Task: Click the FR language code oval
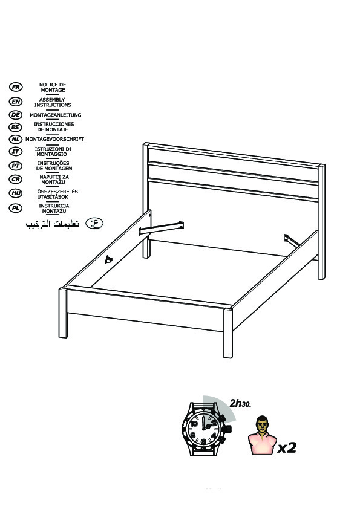(16, 87)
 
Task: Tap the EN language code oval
(16, 102)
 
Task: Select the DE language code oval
(16, 115)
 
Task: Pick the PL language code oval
(16, 208)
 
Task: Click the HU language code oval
(16, 193)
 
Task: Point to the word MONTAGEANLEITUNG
(56, 115)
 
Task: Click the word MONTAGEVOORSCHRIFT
(54, 139)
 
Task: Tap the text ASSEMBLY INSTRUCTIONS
(53, 102)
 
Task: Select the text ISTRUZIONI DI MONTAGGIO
(53, 152)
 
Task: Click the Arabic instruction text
(53, 224)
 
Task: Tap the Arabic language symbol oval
(94, 224)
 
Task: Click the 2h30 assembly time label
(240, 403)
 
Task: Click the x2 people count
(287, 448)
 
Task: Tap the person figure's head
(263, 424)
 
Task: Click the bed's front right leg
(228, 333)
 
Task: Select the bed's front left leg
(64, 313)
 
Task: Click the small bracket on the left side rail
(108, 259)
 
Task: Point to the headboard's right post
(321, 222)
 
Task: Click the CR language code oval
(16, 179)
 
